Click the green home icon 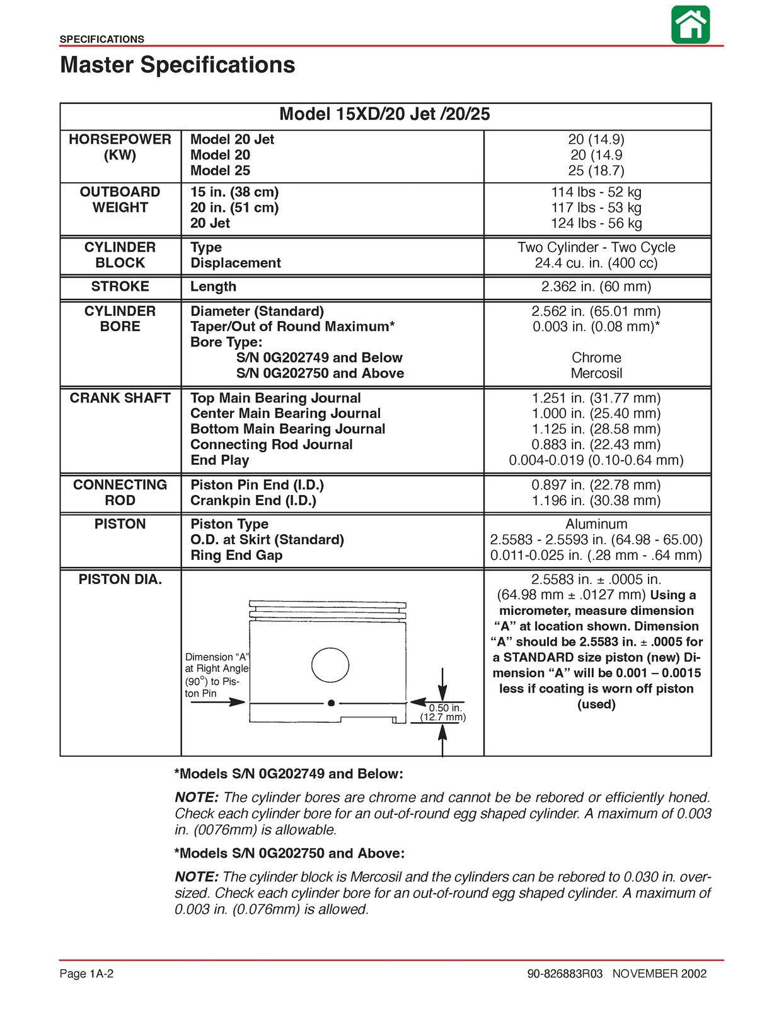[x=690, y=25]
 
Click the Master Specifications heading [x=177, y=65]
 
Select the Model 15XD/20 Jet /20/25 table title [x=384, y=114]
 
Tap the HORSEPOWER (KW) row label [x=120, y=147]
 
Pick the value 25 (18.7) [x=596, y=170]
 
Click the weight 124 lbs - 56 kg [x=596, y=223]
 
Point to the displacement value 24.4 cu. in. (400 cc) [x=596, y=263]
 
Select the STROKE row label [x=120, y=286]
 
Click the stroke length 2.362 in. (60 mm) [x=596, y=286]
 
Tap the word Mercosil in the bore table [x=596, y=373]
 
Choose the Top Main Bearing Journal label [x=275, y=398]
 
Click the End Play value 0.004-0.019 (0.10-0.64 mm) [x=596, y=460]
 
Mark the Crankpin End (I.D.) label [x=253, y=501]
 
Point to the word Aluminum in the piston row [x=596, y=524]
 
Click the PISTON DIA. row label [x=120, y=580]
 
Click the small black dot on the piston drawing [x=331, y=703]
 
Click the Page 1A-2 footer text [x=86, y=974]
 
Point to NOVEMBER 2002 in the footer [x=659, y=974]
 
